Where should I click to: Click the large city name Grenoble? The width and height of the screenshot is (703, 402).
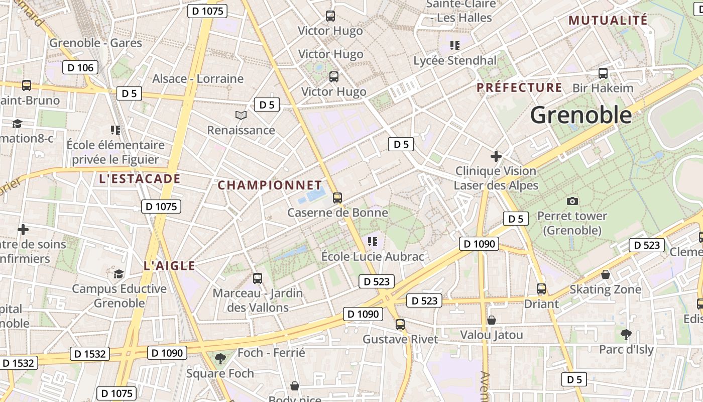click(x=581, y=115)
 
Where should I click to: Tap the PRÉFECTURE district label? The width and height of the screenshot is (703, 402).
click(x=519, y=87)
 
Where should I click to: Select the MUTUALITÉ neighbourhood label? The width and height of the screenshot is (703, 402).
click(x=608, y=20)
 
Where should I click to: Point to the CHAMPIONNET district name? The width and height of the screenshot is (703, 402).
click(x=270, y=185)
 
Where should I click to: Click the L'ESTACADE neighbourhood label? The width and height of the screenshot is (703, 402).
click(x=140, y=179)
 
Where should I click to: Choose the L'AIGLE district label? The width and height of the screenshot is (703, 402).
click(x=169, y=266)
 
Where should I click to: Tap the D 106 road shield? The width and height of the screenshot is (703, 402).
click(x=80, y=67)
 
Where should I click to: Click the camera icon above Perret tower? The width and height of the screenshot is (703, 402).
click(x=572, y=202)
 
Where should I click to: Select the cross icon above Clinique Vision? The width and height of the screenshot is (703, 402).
click(x=496, y=156)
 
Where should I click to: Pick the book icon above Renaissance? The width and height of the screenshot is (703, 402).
click(x=241, y=116)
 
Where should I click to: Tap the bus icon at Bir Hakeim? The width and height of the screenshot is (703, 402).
click(x=603, y=73)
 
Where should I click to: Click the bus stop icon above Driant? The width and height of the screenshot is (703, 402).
click(x=541, y=289)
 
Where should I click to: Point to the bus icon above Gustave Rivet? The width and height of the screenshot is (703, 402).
click(x=400, y=325)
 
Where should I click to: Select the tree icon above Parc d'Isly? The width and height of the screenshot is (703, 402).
click(x=626, y=334)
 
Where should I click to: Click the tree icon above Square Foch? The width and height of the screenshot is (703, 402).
click(x=220, y=358)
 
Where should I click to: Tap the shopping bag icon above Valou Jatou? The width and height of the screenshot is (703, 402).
click(x=492, y=320)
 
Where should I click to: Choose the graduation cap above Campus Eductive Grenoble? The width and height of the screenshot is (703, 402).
click(x=119, y=274)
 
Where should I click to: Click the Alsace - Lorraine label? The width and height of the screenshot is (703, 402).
click(x=198, y=79)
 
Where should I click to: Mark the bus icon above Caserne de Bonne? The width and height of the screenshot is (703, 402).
click(x=337, y=198)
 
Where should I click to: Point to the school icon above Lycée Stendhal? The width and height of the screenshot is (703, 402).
click(x=455, y=46)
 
